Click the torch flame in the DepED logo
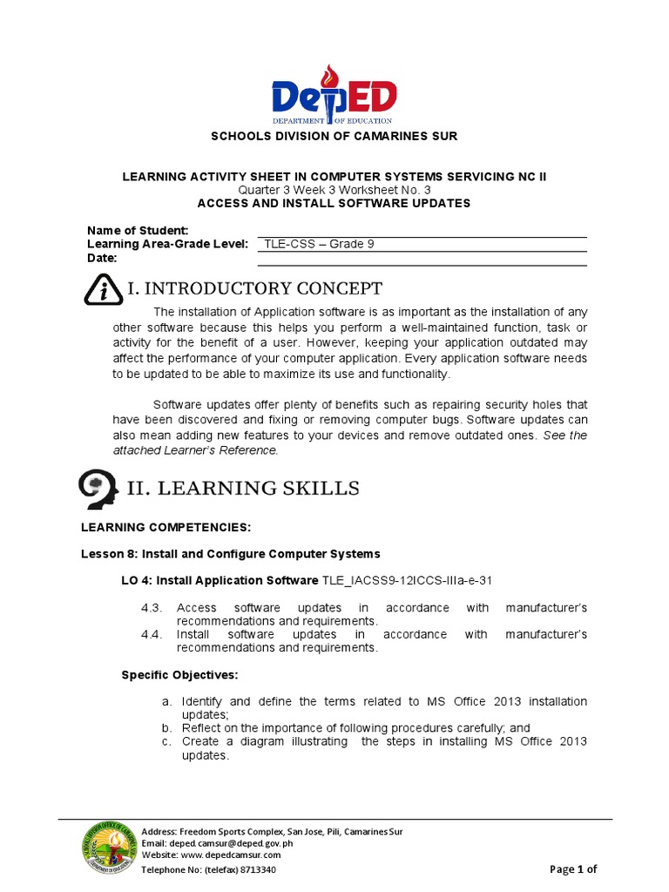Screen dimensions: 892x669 point(328,77)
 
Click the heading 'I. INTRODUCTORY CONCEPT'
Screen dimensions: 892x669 point(254,288)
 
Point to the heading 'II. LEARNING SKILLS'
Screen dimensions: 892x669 point(243,488)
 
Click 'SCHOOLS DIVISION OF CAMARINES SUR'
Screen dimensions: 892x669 point(334,137)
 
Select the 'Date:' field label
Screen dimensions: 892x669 point(102,259)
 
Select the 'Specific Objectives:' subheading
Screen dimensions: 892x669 point(179,675)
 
